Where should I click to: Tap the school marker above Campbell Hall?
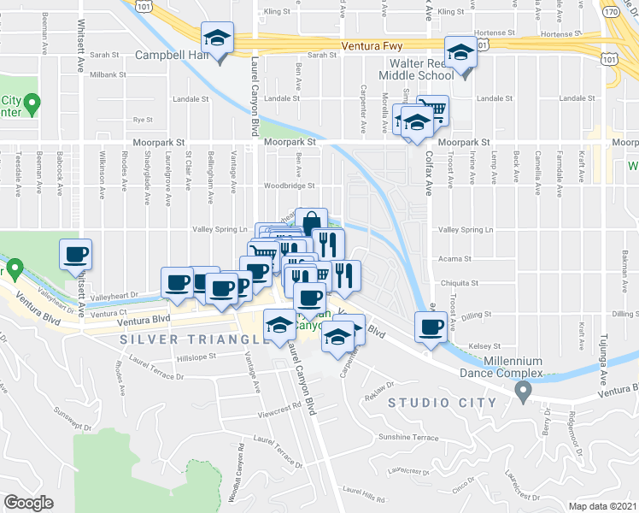pyautogui.click(x=218, y=39)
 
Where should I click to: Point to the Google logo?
pyautogui.click(x=28, y=503)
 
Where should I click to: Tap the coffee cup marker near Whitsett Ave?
pyautogui.click(x=76, y=254)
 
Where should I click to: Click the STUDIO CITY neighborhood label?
pyautogui.click(x=443, y=402)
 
